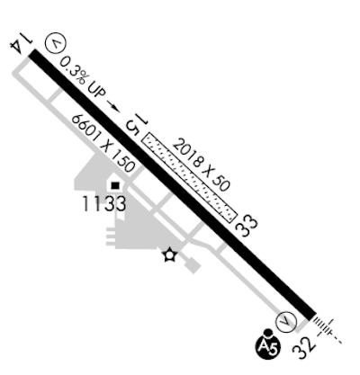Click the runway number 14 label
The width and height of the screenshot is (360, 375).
pos(21,44)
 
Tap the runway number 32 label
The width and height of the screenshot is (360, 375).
pos(304,349)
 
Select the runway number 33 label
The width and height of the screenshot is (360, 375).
pos(247,227)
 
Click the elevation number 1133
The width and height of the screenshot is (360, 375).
pos(103,204)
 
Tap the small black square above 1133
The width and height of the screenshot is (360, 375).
pos(115,186)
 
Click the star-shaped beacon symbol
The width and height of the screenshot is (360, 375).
pos(170,255)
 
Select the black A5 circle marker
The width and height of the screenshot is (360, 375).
pos(268,348)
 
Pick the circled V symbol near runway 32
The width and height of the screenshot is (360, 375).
pos(286,322)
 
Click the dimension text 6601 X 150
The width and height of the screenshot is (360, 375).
pos(103,143)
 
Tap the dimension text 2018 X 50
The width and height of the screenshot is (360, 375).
pos(202,165)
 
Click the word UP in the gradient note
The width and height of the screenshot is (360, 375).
pos(96,91)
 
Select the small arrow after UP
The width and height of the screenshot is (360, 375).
pos(114,107)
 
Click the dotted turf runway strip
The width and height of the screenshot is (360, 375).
pos(190,178)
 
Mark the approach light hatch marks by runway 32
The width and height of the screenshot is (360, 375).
pos(327,329)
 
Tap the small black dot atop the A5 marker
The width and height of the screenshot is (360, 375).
pos(267,333)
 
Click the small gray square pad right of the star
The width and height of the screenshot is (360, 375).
pos(193,265)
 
